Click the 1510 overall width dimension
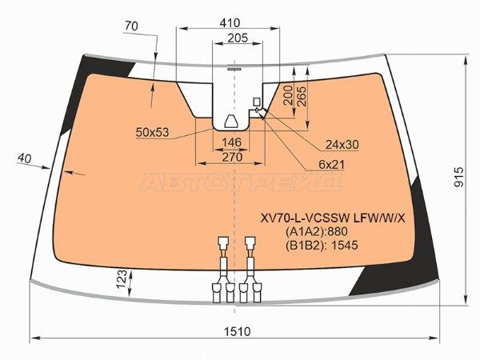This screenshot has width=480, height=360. pos(238,331)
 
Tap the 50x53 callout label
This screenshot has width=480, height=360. pos(152,132)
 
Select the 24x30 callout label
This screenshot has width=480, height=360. pos(342,145)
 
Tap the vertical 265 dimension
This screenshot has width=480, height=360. pos(302,94)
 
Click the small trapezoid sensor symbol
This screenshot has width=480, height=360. pos(231,122)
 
